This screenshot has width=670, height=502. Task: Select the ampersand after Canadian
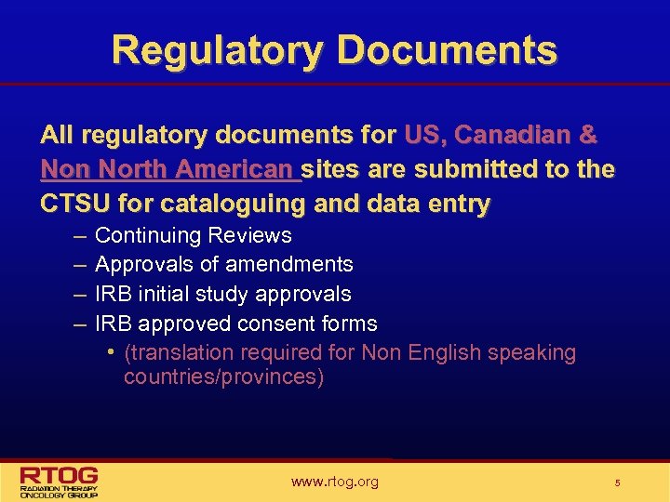(589, 136)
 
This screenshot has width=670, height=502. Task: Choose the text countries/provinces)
(223, 378)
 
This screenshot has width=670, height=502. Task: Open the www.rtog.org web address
(334, 482)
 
